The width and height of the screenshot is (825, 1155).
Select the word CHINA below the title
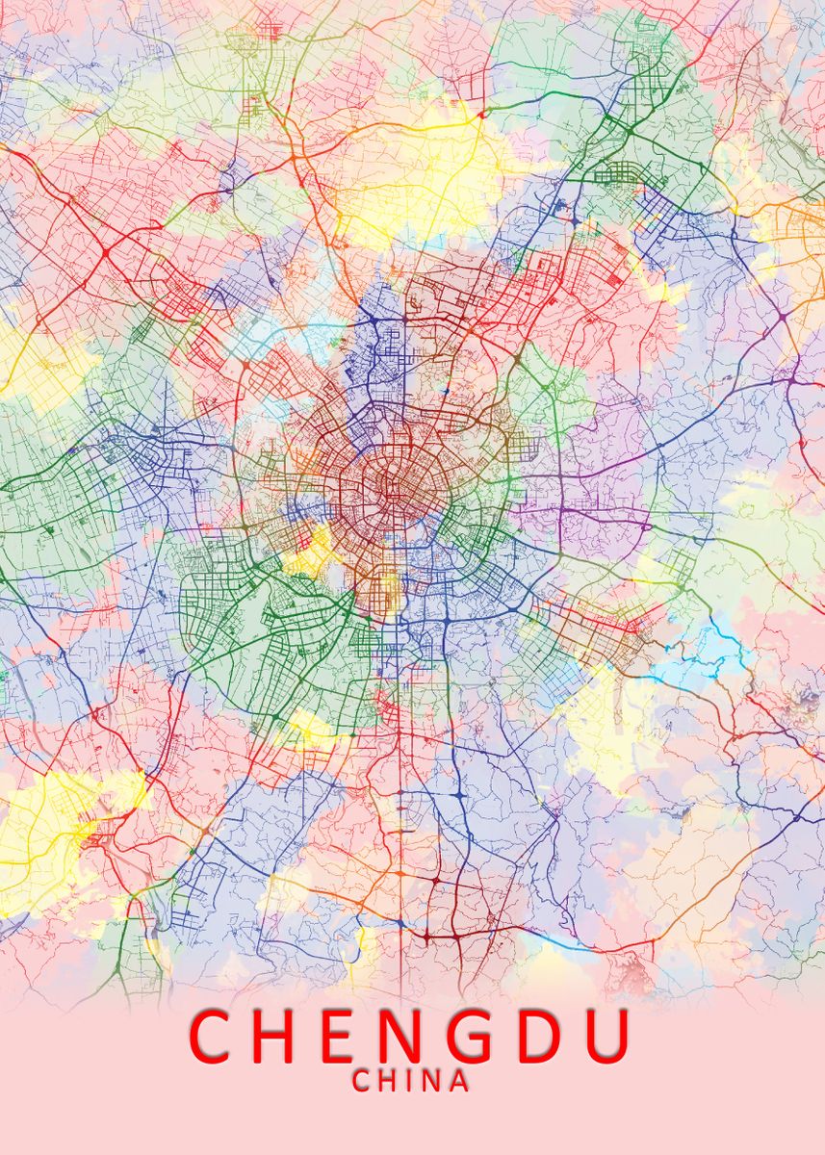411,1081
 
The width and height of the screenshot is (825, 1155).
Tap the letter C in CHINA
362,1081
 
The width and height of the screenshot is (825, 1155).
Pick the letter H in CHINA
387,1081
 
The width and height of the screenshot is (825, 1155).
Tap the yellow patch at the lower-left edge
58,818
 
